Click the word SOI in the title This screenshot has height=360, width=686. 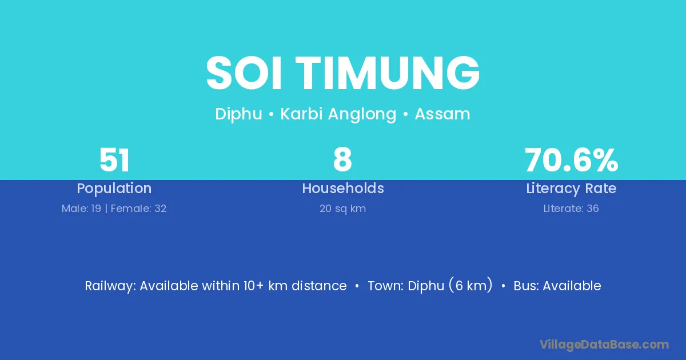(244, 73)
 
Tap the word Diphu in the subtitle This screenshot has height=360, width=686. (238, 114)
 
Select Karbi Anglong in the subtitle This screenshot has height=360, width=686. (338, 114)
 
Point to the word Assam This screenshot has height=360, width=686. (442, 114)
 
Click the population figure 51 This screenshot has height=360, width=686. (114, 160)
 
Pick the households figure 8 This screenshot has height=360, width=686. (342, 160)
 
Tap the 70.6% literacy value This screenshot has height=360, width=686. (572, 160)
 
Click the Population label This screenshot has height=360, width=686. (114, 189)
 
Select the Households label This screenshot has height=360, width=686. (343, 188)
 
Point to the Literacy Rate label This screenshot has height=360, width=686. (571, 189)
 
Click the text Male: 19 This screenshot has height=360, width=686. (81, 209)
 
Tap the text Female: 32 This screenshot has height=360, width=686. (138, 209)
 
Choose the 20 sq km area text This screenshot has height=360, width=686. (342, 209)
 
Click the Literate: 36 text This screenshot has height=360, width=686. (571, 209)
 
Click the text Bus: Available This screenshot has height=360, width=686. (557, 286)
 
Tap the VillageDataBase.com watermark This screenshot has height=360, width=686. (604, 345)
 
